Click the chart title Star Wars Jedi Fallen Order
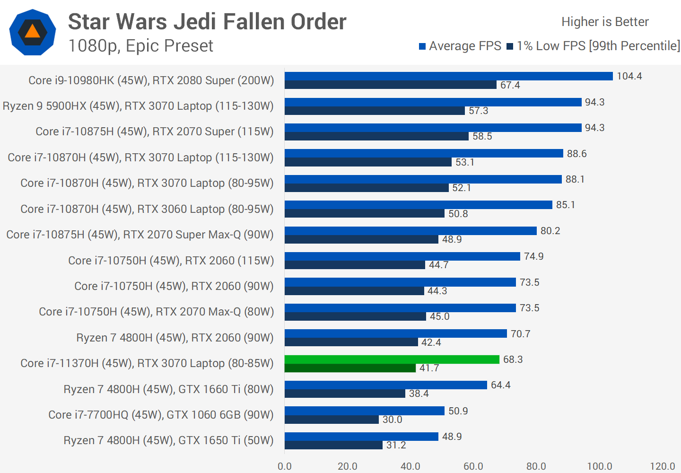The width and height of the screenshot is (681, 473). pos(207,22)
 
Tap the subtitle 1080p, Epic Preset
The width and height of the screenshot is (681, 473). pos(140,46)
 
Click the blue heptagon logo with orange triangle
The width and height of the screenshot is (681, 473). pos(33,32)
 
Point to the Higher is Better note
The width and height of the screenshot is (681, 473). pos(605,22)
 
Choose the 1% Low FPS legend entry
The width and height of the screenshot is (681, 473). pos(594,46)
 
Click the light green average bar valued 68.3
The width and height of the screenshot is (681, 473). pos(392,359)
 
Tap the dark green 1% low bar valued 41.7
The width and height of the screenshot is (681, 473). pos(350,368)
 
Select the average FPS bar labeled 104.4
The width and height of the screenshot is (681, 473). pos(448,76)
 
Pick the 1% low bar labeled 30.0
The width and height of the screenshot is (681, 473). pos(332,420)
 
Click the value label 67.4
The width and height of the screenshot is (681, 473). pos(510,85)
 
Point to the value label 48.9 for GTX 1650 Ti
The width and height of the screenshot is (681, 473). pos(452,437)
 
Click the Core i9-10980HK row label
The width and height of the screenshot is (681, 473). pos(151,80)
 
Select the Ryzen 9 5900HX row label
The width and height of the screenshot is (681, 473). pos(138,106)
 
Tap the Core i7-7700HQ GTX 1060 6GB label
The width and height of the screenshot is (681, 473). pos(161,415)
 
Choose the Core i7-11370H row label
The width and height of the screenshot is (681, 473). pos(147,363)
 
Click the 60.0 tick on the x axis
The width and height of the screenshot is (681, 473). pos(473,466)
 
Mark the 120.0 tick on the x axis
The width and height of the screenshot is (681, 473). pos(662,466)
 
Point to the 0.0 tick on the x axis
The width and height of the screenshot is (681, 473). pos(285,466)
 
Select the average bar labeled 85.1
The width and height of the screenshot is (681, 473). pos(418,205)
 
